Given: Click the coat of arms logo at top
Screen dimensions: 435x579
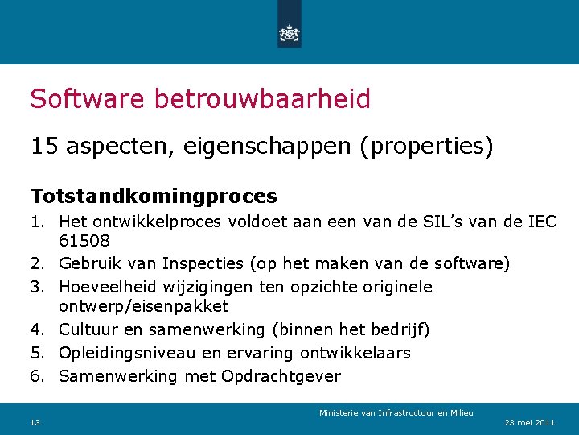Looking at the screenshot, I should click(x=289, y=33).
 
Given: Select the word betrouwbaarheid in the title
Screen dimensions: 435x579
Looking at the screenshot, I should click(x=261, y=99).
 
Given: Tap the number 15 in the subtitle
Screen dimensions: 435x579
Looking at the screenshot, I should click(x=43, y=147).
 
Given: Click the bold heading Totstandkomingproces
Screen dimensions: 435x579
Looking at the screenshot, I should click(x=154, y=196).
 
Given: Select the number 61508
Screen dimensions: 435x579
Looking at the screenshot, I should click(x=84, y=241).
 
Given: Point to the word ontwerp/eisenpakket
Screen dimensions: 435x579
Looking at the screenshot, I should click(x=144, y=306).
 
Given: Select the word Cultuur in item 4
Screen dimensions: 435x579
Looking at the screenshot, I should click(x=89, y=329).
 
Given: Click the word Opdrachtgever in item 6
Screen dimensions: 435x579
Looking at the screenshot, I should click(x=281, y=376).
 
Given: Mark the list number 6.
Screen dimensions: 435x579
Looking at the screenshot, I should click(x=37, y=376).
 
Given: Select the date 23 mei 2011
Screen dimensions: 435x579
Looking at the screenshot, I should click(x=529, y=423).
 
